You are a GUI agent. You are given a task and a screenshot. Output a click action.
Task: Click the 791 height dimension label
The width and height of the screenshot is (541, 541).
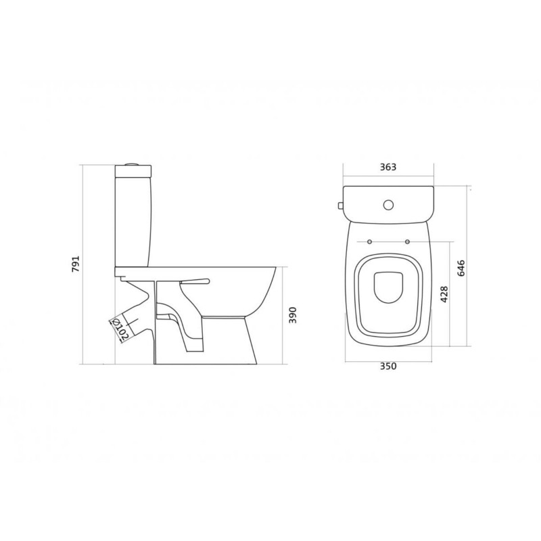pyautogui.click(x=76, y=264)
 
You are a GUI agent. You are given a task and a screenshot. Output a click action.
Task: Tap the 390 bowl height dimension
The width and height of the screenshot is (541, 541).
pyautogui.click(x=293, y=315)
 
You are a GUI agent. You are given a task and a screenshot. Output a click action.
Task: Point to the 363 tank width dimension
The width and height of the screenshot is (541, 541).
pyautogui.click(x=388, y=167)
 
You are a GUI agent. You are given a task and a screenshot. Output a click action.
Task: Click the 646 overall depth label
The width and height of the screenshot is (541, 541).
pyautogui.click(x=461, y=268)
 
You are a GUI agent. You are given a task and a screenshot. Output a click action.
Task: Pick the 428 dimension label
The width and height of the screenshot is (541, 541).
pyautogui.click(x=444, y=294)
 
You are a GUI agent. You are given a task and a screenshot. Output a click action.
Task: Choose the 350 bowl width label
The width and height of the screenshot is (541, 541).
pyautogui.click(x=388, y=366)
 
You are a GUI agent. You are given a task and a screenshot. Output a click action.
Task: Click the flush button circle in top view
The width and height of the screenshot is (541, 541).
pyautogui.click(x=388, y=205)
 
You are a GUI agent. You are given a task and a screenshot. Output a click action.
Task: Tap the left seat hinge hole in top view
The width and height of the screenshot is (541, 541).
pyautogui.click(x=369, y=241)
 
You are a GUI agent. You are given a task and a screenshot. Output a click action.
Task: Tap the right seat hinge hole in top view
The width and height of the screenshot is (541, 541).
pyautogui.click(x=408, y=241)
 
